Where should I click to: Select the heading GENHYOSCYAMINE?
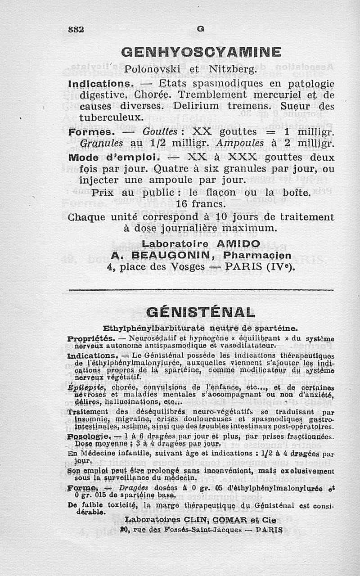tap(201, 53)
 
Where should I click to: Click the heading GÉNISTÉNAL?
tap(201, 311)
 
